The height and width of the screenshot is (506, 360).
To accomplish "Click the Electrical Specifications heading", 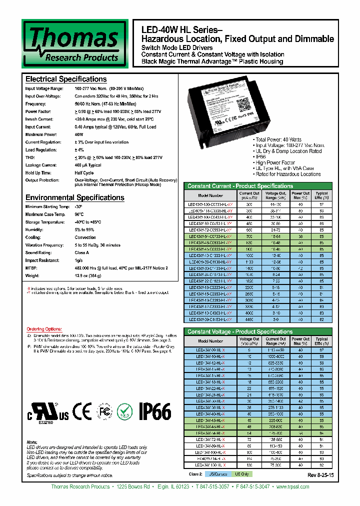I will [66, 79].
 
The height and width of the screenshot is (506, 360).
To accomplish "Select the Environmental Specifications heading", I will [74, 197].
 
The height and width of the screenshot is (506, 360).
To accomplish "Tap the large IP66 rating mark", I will [154, 412].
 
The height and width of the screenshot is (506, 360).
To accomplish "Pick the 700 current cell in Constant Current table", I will [249, 235].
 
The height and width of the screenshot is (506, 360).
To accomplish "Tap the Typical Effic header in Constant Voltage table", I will [321, 341].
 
